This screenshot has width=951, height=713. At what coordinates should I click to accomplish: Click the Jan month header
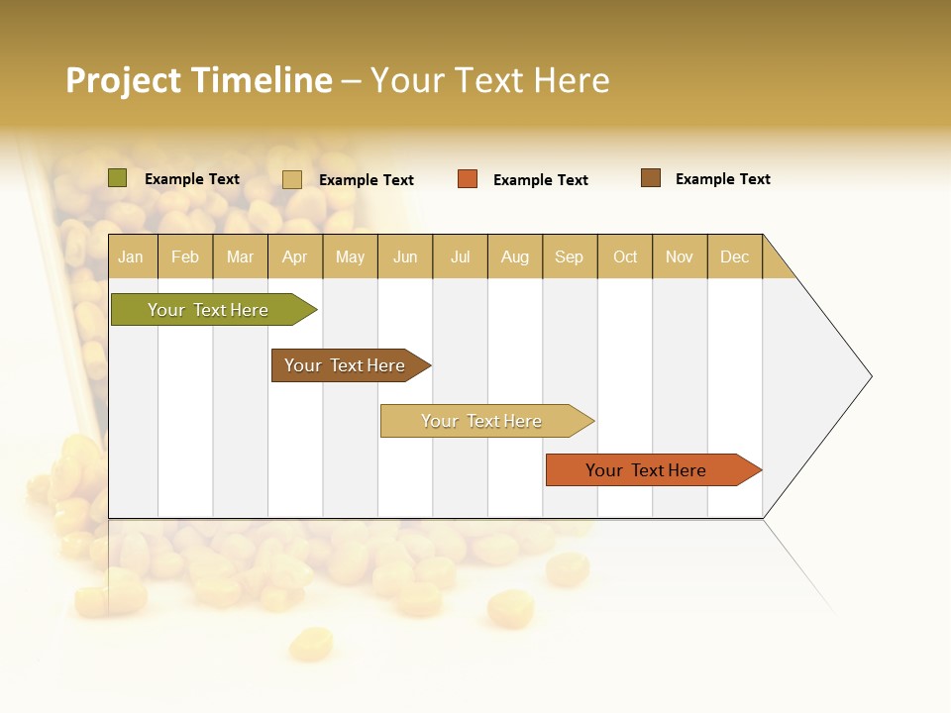click(x=131, y=256)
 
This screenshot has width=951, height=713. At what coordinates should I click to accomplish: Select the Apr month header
click(x=295, y=256)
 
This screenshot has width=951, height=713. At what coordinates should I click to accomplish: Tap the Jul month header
click(x=460, y=256)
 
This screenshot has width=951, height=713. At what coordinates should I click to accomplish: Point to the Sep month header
click(x=569, y=256)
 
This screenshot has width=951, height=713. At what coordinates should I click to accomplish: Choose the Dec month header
click(x=734, y=256)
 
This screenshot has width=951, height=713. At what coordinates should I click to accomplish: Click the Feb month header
click(x=185, y=256)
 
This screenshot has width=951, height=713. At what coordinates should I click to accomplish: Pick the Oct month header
click(x=625, y=256)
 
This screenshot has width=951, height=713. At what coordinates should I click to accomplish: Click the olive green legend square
click(x=118, y=178)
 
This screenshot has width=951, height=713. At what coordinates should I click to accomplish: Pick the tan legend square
click(x=292, y=179)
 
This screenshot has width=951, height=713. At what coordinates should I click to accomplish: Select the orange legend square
click(x=468, y=179)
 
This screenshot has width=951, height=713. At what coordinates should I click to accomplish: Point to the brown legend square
click(x=651, y=178)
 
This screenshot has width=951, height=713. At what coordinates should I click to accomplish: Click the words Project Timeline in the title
click(x=199, y=80)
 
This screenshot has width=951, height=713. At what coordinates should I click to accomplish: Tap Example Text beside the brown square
click(x=722, y=179)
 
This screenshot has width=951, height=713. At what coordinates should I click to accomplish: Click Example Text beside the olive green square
click(x=192, y=179)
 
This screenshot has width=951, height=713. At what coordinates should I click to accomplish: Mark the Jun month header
click(x=405, y=256)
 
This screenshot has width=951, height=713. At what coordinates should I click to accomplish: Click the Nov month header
click(x=680, y=256)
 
